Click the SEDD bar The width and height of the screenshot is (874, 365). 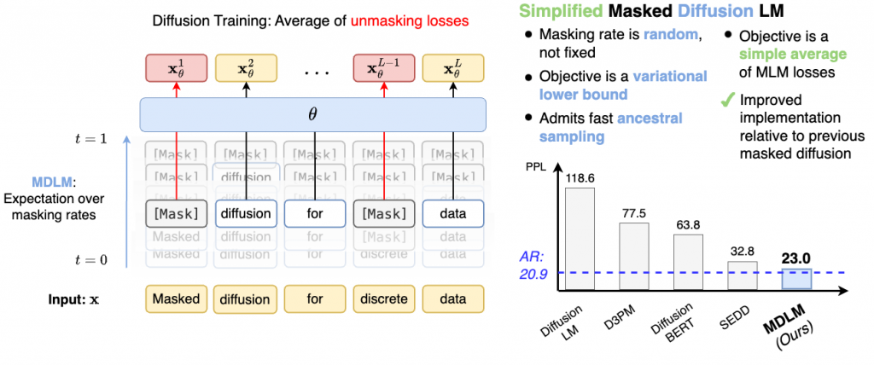pyautogui.click(x=742, y=275)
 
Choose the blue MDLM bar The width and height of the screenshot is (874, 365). pyautogui.click(x=796, y=278)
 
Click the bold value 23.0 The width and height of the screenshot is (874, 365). pyautogui.click(x=796, y=255)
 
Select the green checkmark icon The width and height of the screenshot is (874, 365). pyautogui.click(x=727, y=100)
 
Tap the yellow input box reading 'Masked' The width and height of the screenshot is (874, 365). pyautogui.click(x=176, y=298)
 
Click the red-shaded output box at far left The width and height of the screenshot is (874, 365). pyautogui.click(x=176, y=68)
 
